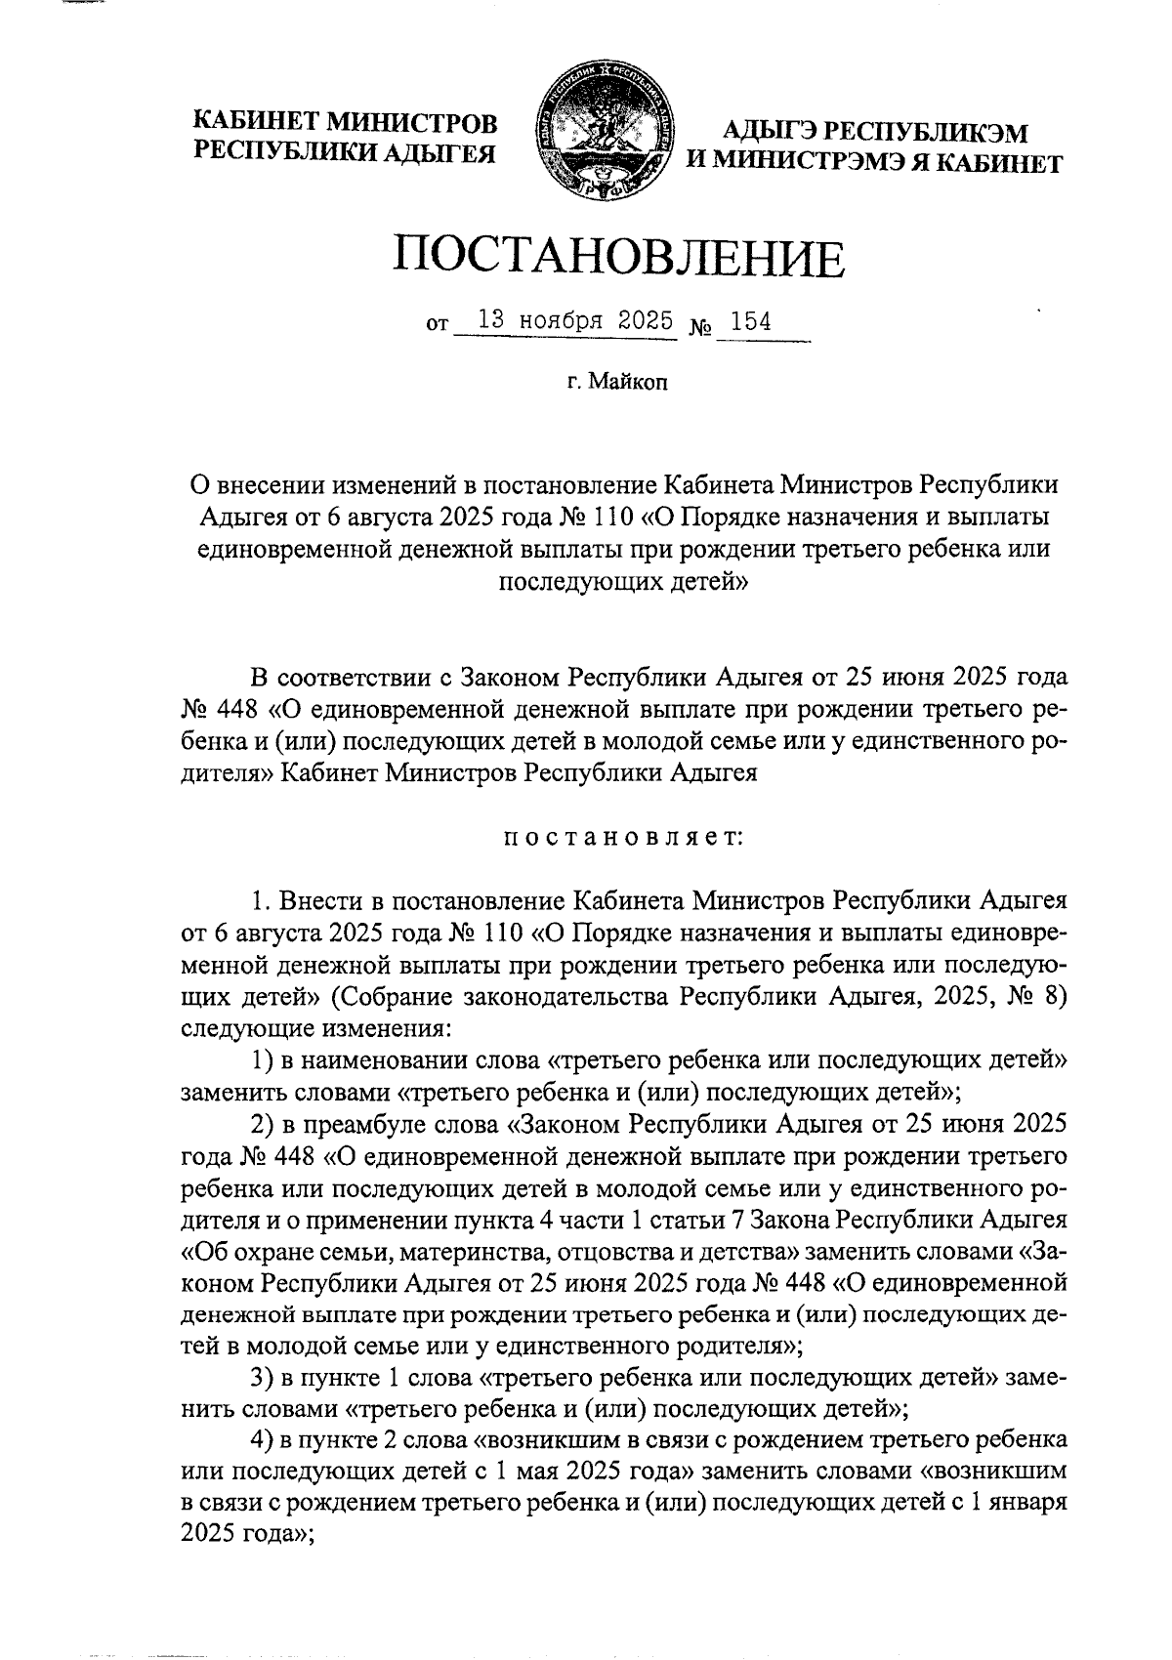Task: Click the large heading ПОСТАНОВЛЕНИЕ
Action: point(617,257)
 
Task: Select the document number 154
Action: point(751,322)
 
